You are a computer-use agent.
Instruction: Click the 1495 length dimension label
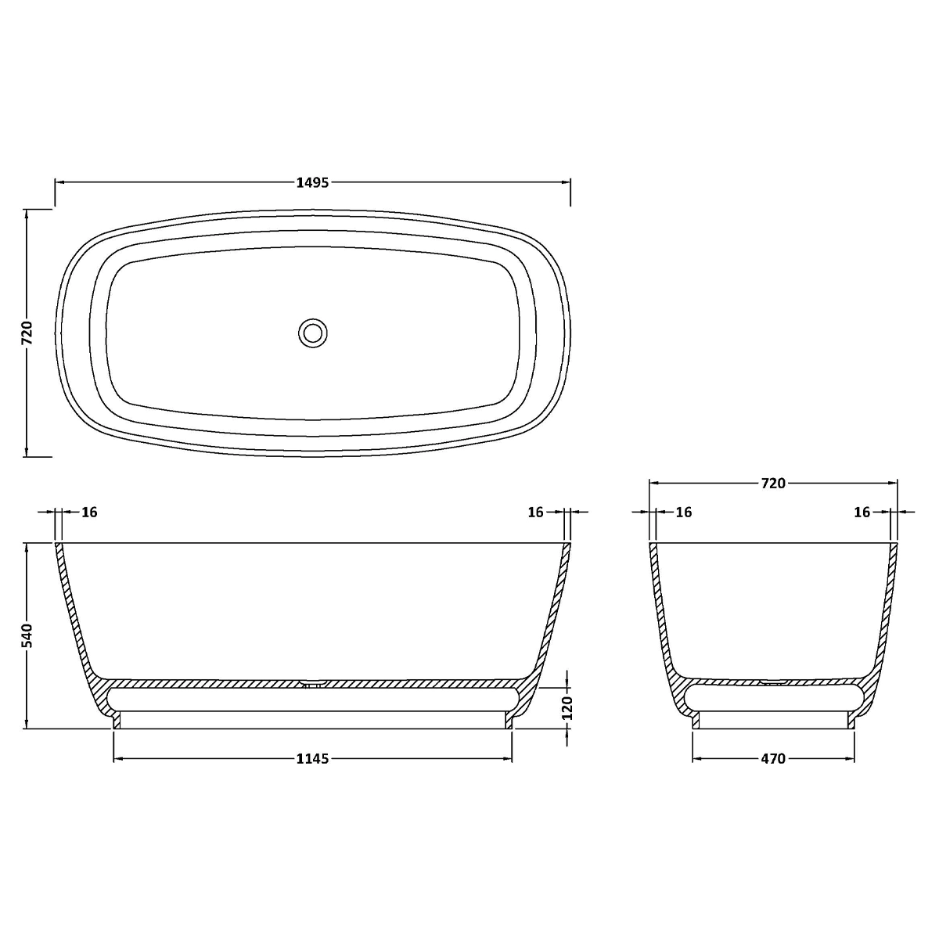(x=312, y=183)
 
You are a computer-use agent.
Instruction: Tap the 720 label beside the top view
(x=27, y=333)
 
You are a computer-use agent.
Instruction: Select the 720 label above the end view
(x=773, y=484)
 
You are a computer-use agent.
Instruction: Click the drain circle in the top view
(x=312, y=333)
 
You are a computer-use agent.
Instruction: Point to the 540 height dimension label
(x=27, y=635)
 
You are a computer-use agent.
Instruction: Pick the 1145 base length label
(x=312, y=759)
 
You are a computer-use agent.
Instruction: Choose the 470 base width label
(x=773, y=759)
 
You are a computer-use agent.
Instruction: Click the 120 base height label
(x=567, y=708)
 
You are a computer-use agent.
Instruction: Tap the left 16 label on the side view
(x=89, y=512)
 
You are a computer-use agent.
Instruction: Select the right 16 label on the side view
(x=535, y=512)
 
